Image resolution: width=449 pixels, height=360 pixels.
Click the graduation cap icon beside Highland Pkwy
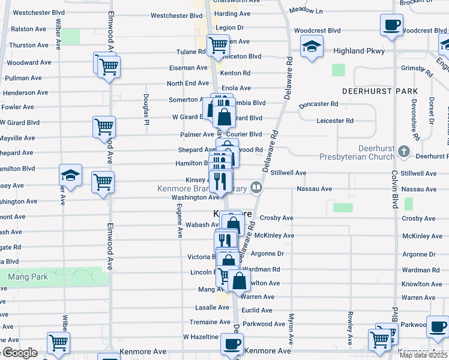click(312, 47)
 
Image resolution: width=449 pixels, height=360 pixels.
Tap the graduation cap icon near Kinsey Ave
click(70, 175)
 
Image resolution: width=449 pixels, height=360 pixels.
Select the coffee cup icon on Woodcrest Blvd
click(391, 26)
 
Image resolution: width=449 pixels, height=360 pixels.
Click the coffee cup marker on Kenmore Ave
click(231, 344)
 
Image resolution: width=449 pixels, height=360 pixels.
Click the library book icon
click(256, 188)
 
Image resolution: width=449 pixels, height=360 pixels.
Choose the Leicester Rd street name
click(334, 121)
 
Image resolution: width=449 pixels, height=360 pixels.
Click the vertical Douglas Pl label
click(146, 107)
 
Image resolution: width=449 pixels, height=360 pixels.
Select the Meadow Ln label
click(306, 11)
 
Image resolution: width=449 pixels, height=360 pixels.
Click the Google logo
click(20, 353)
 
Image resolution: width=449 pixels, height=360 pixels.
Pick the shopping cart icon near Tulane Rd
click(217, 44)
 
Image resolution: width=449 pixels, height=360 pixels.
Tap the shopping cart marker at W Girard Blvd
click(103, 127)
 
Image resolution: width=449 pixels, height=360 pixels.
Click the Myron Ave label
click(291, 328)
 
